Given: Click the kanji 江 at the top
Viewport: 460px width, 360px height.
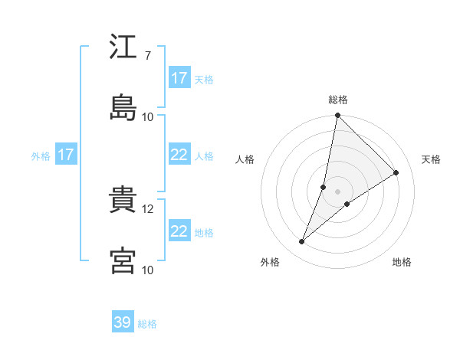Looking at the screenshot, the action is [123, 48].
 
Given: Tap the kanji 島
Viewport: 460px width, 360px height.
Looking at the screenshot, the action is [123, 107].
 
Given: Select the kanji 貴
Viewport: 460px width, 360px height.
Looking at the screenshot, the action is [123, 201].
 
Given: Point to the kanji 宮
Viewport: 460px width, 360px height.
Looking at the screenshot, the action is [123, 260].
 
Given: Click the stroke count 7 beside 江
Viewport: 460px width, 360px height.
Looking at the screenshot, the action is [147, 56].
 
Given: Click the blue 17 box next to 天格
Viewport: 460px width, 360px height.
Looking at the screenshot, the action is [179, 78].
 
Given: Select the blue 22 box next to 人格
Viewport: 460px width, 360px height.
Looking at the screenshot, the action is [179, 155].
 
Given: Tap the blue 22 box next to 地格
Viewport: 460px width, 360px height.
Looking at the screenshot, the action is [179, 231].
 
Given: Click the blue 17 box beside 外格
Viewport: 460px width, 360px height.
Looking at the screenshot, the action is [65, 155].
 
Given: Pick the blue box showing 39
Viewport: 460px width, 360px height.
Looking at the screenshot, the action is [123, 323].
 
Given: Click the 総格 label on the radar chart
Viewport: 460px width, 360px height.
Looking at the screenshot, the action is [338, 100].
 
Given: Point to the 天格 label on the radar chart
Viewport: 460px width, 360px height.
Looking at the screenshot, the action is [431, 159].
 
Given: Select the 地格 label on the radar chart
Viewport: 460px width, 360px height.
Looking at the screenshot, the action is [402, 262].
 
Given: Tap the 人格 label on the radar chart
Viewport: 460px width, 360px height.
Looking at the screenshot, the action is [245, 159].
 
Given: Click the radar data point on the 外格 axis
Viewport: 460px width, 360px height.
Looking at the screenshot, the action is [302, 242].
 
